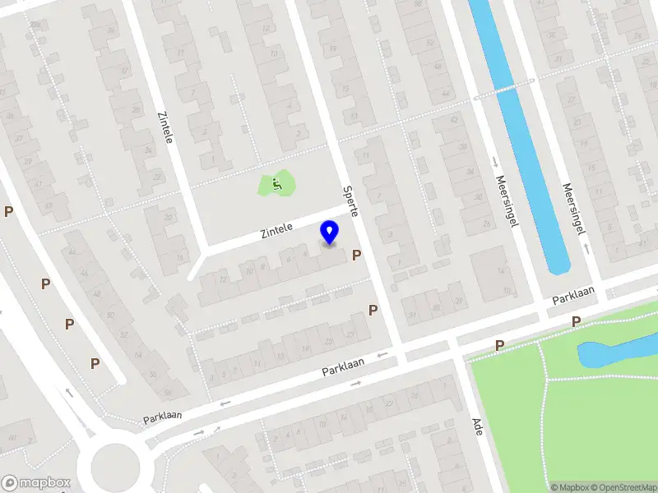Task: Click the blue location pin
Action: [x=330, y=232]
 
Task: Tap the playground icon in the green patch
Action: [x=277, y=184]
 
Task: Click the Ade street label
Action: [x=477, y=426]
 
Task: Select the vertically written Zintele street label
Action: [x=169, y=125]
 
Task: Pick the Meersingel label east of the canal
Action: [x=567, y=205]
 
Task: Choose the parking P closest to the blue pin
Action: [x=357, y=255]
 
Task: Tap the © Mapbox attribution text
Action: [x=570, y=487]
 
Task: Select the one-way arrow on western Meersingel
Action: [x=496, y=161]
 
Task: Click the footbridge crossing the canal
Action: [x=503, y=89]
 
